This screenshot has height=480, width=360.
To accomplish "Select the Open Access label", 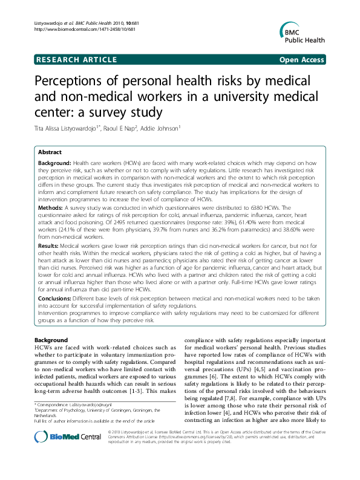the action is (301, 59).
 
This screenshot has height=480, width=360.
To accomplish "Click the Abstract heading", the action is (50, 152).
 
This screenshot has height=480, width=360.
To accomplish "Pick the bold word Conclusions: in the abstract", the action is (56, 299).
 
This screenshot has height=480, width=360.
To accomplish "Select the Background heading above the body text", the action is (51, 340).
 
